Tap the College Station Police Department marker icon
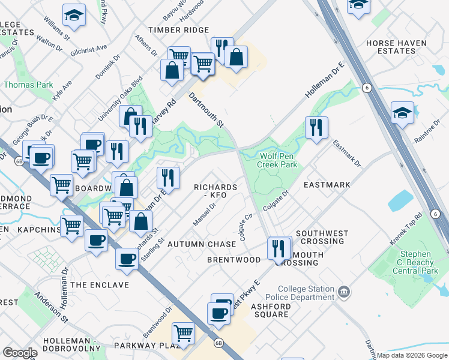pyautogui.click(x=344, y=292)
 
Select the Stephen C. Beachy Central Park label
pyautogui.click(x=411, y=262)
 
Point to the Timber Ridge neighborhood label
pyautogui.click(x=179, y=29)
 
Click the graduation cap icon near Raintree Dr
pyautogui.click(x=402, y=112)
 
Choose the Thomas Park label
pyautogui.click(x=28, y=85)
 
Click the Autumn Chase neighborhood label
pyautogui.click(x=202, y=244)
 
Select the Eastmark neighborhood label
pyautogui.click(x=327, y=185)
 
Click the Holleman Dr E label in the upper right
pyautogui.click(x=325, y=79)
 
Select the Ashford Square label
pyautogui.click(x=270, y=310)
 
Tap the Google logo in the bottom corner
pyautogui.click(x=20, y=353)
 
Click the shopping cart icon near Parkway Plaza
pyautogui.click(x=183, y=333)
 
